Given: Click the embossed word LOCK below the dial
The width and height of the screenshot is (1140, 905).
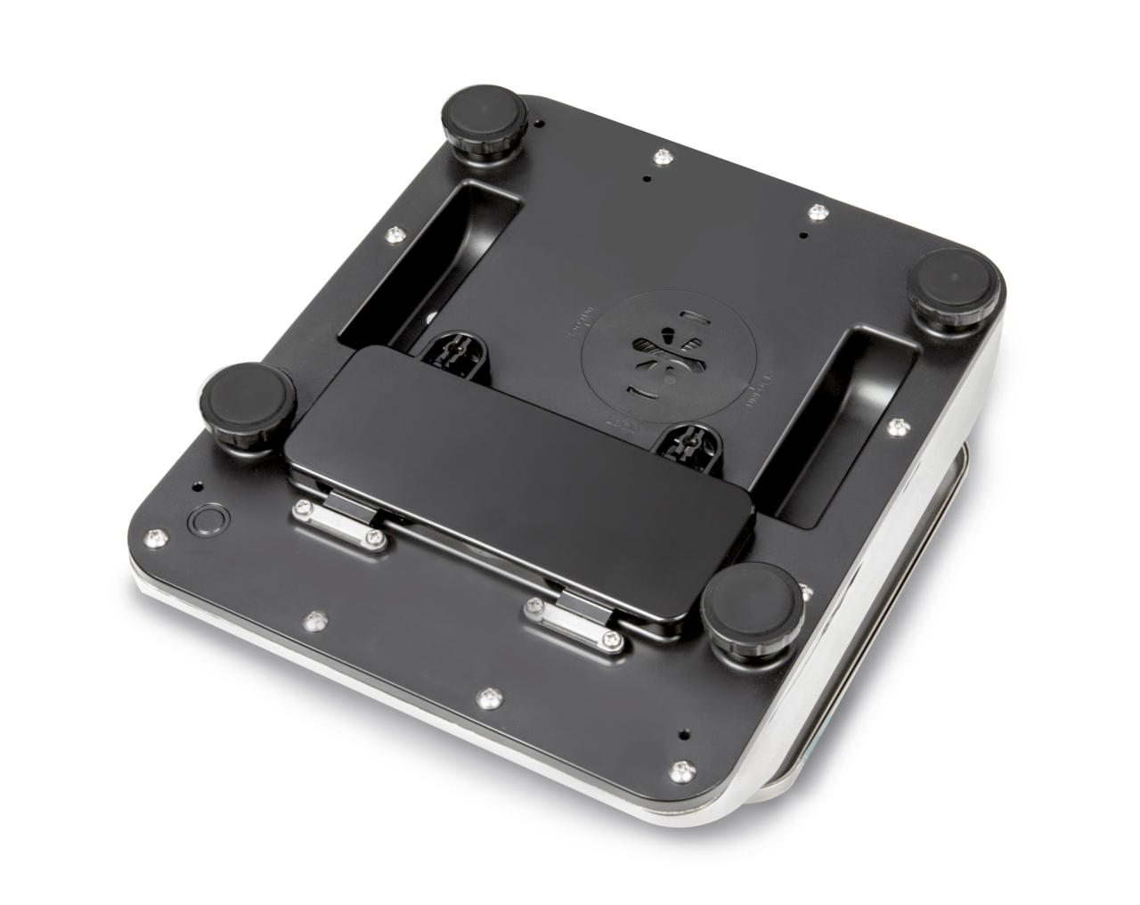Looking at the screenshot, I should [x=626, y=421].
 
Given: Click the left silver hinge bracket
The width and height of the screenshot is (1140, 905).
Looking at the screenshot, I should [x=339, y=525].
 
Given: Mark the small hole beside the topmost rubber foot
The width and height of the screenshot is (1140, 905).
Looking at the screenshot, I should [x=540, y=121].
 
